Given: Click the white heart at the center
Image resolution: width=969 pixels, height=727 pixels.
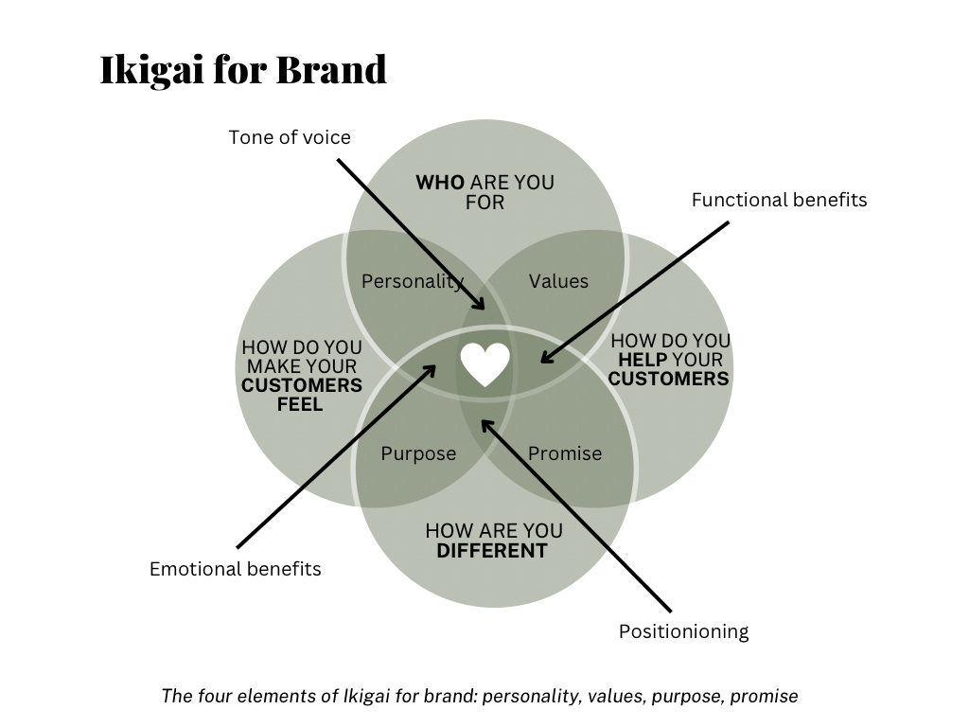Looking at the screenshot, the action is click(485, 364).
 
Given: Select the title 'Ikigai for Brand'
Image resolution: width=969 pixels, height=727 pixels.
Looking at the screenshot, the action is click(243, 70).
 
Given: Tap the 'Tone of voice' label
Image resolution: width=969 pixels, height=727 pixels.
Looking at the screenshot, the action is click(290, 137).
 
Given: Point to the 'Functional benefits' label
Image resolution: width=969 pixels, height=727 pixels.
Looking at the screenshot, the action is click(779, 200).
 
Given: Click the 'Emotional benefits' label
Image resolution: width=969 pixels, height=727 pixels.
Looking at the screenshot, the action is click(236, 569).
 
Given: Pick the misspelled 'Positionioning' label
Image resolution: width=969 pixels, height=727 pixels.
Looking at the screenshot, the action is click(683, 631).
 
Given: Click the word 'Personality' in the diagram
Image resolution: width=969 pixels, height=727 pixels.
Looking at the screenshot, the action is click(412, 281).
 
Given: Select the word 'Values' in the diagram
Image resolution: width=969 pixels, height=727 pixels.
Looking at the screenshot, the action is click(558, 281).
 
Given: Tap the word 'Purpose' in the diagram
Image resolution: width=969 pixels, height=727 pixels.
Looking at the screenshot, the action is click(418, 453).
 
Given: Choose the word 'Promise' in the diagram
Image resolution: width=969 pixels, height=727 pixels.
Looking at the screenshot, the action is click(565, 453).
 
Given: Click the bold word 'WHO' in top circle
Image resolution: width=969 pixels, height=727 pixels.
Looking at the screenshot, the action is click(440, 182).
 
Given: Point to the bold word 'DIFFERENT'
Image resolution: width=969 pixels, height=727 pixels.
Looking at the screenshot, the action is click(492, 551).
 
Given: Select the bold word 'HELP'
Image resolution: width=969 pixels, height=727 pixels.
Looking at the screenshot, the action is click(643, 360).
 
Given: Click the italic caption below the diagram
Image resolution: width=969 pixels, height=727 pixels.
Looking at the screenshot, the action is click(480, 696).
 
